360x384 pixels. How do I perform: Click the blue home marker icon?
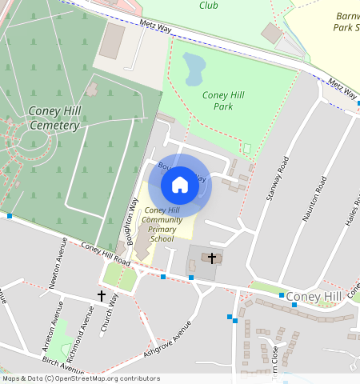tap(180, 185)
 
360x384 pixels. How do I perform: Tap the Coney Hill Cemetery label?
tap(53, 118)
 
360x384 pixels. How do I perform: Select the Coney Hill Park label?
tap(223, 101)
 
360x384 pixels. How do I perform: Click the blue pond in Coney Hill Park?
tap(194, 69)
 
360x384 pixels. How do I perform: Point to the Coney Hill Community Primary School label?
tap(162, 224)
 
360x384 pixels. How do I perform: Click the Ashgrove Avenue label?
tap(168, 338)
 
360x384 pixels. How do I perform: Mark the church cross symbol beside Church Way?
tap(101, 296)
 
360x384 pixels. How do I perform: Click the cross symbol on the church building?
tap(212, 258)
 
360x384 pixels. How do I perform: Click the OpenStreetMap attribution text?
tap(82, 378)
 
